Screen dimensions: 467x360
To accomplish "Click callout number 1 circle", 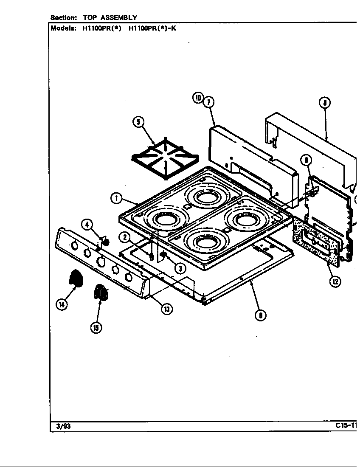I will (x=115, y=198).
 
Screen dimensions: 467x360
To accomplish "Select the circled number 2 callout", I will (x=124, y=237).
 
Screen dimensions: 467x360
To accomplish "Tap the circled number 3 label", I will (x=180, y=268).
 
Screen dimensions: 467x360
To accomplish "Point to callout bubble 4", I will (x=87, y=225).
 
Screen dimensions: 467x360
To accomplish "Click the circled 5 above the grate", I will (x=138, y=122).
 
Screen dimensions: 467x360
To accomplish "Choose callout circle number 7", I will (x=208, y=102).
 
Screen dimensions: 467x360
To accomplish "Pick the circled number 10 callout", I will (x=198, y=98).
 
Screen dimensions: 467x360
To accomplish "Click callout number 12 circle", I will (x=335, y=281).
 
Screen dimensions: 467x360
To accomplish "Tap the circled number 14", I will (x=62, y=304).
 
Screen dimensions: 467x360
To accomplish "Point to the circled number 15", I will (x=97, y=327).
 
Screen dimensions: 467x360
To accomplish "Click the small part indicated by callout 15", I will (x=100, y=293).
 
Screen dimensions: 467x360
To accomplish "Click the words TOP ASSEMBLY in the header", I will (x=110, y=17).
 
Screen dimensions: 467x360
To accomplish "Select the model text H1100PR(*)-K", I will (x=152, y=29).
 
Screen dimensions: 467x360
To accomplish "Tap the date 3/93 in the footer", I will (x=64, y=426).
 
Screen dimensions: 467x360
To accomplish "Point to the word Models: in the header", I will (x=63, y=29).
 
